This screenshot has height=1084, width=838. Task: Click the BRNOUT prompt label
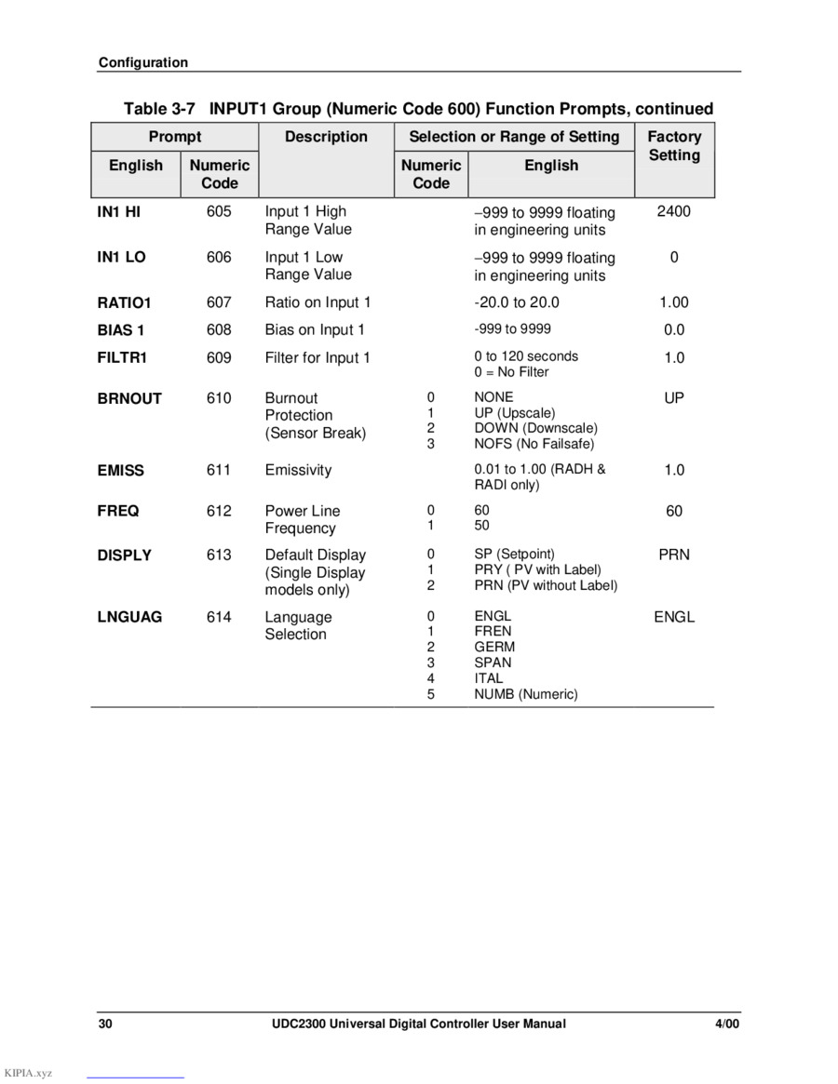129,398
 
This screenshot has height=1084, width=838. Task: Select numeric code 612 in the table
219,511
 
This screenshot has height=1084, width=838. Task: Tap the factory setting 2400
673,211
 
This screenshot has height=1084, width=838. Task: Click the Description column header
326,137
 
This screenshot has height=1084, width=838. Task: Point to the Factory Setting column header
674,146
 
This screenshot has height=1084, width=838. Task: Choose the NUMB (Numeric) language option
525,694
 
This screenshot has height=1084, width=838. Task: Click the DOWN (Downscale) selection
535,428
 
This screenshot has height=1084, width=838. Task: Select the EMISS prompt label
121,471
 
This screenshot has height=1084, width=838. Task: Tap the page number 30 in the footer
105,1024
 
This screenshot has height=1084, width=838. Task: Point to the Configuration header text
143,62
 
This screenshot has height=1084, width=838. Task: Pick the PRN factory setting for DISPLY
673,555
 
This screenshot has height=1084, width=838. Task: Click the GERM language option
494,647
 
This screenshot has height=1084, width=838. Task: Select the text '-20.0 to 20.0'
517,302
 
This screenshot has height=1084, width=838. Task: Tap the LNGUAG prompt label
129,617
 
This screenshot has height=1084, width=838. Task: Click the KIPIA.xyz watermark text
28,1073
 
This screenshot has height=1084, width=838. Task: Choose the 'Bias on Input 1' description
315,329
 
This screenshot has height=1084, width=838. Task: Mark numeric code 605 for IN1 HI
219,211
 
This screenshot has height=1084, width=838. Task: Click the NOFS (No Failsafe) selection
534,444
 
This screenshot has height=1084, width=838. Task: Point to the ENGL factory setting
673,617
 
